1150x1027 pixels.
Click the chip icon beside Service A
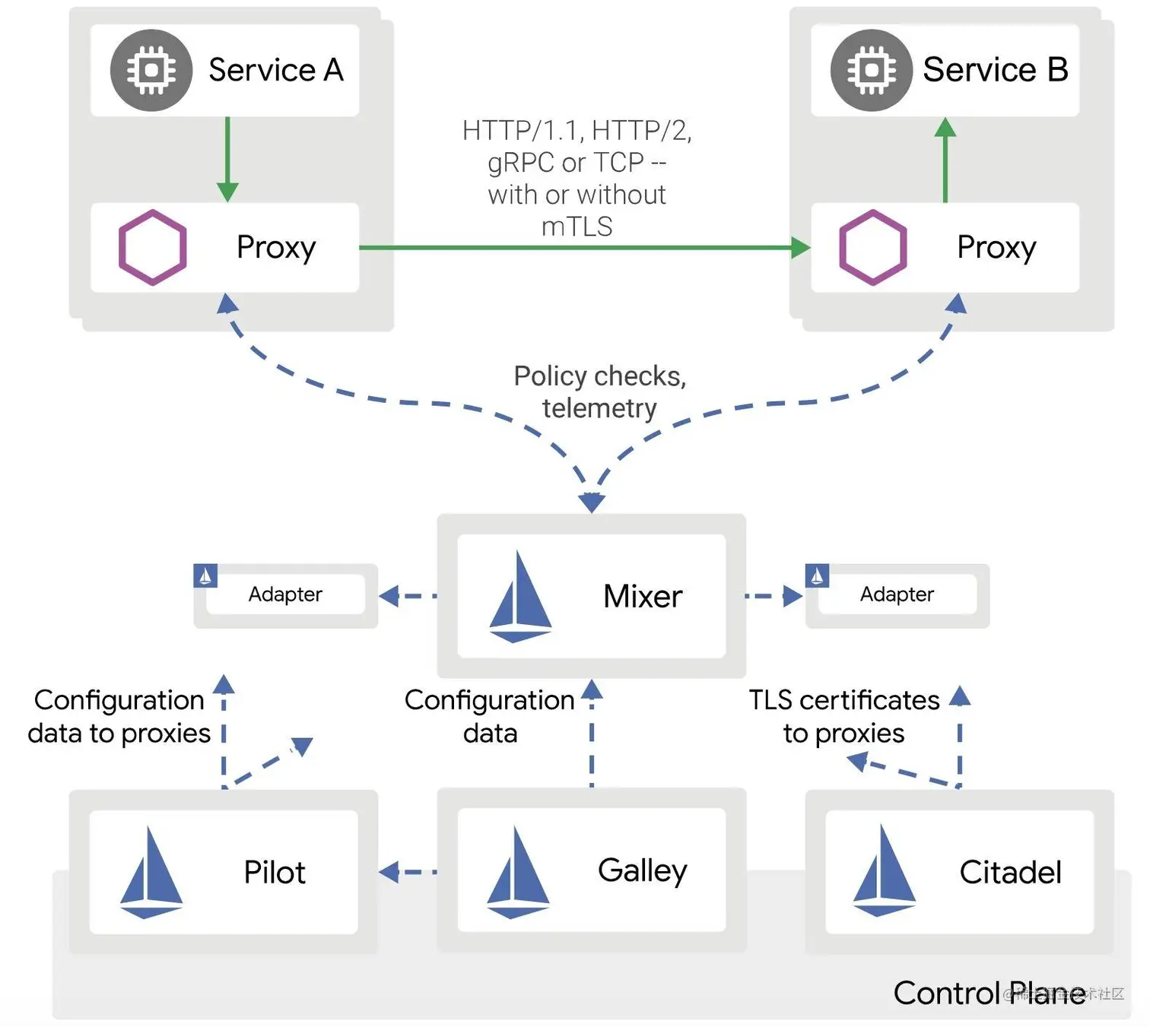coord(151,71)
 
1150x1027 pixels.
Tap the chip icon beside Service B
coord(871,71)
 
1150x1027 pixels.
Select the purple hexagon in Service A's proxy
coord(152,247)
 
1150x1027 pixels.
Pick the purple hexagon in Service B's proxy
coord(872,247)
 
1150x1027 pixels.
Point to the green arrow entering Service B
coord(945,160)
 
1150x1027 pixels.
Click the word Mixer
coord(642,596)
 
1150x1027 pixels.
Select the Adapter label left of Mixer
coord(285,594)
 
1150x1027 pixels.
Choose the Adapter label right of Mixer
coord(897,594)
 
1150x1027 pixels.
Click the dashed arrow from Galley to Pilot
coord(408,872)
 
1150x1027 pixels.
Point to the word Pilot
coord(274,873)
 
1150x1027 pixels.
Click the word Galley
coord(642,870)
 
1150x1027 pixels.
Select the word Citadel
coord(1010,873)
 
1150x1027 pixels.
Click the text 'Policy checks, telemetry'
coord(599,392)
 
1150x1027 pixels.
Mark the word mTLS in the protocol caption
coord(577,227)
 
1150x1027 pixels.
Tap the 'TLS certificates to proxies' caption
coord(844,716)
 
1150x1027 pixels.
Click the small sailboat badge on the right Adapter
coord(817,576)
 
